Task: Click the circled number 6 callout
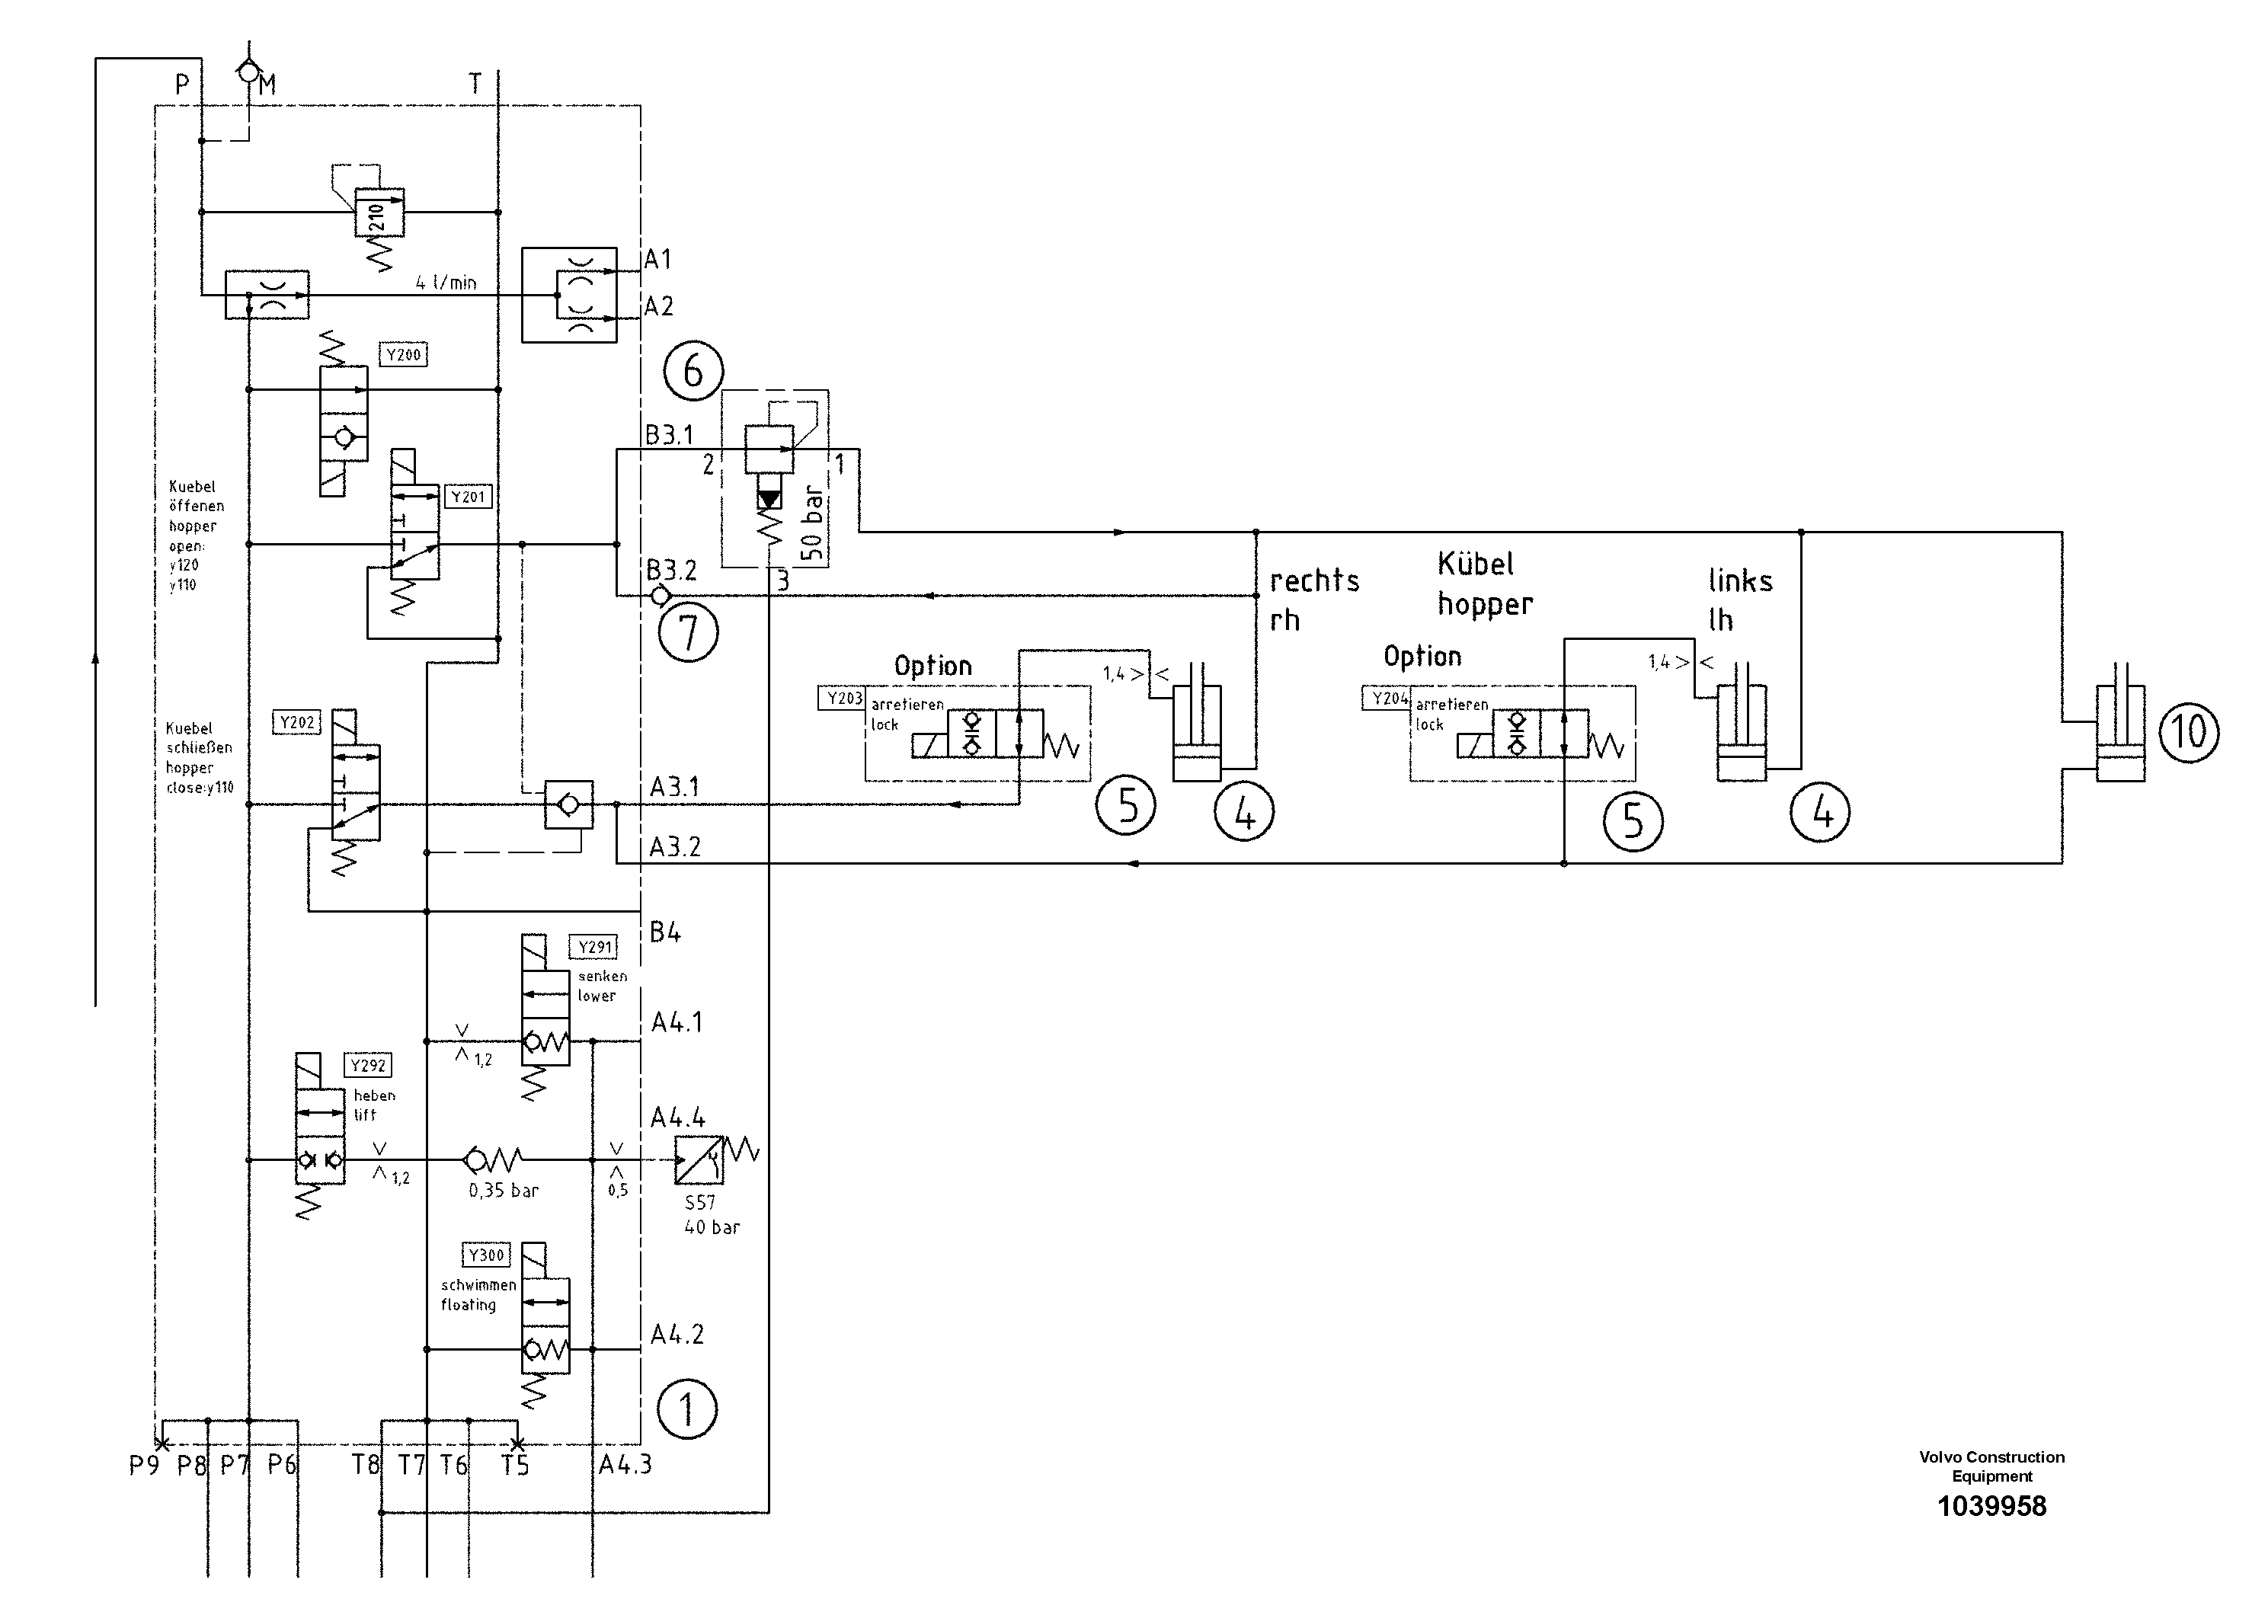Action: pos(693,372)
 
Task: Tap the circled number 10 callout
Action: pos(2189,732)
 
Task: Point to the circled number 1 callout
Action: pos(686,1409)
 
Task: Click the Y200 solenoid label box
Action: pos(403,354)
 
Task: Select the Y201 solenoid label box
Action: pos(469,497)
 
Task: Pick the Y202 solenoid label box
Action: pos(296,723)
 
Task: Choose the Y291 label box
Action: pos(595,947)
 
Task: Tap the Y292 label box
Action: pos(367,1066)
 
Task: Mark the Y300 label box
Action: pos(486,1255)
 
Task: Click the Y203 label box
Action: pos(843,699)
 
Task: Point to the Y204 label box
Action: pos(1388,699)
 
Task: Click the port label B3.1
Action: pos(669,434)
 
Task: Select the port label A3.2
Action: pos(675,847)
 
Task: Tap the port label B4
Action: pos(665,932)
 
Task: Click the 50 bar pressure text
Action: pos(812,523)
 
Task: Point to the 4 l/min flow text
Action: pos(446,283)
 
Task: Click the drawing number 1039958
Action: pos(1991,1506)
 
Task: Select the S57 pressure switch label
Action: pos(699,1203)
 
